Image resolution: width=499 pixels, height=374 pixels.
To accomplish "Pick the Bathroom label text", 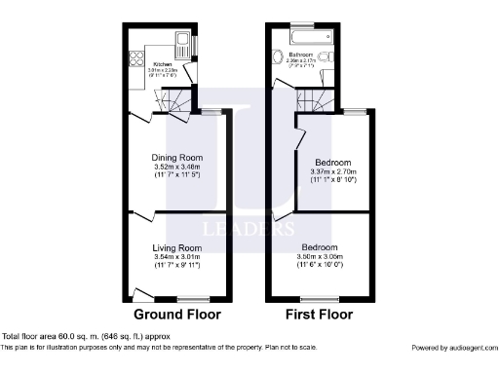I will click(x=299, y=55).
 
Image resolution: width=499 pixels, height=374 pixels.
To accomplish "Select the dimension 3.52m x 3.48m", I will click(x=175, y=168).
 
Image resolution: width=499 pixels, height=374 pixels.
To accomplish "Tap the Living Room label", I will click(x=175, y=248).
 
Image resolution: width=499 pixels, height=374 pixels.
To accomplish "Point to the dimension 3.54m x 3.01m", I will click(x=175, y=259).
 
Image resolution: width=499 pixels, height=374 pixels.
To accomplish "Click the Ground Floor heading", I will click(x=177, y=315).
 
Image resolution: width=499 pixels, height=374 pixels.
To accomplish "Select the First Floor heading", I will click(x=319, y=315).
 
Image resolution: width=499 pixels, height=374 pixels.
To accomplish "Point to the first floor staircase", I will click(x=316, y=98).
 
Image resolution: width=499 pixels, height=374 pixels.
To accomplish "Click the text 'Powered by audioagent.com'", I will click(x=451, y=348).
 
